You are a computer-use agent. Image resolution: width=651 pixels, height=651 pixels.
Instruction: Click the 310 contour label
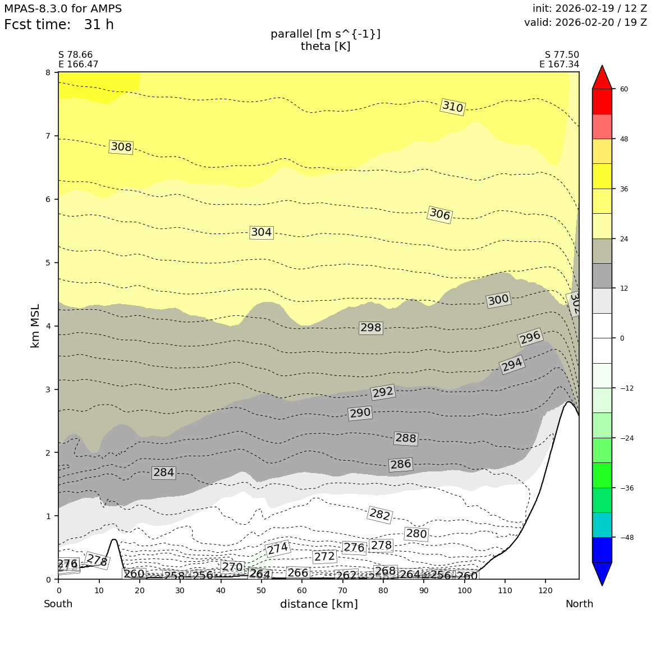click(x=453, y=107)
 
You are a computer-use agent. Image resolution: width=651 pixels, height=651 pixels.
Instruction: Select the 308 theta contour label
click(x=121, y=147)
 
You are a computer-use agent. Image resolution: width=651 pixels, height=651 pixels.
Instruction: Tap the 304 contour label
click(x=261, y=232)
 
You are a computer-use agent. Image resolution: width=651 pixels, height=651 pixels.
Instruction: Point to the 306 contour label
click(x=440, y=214)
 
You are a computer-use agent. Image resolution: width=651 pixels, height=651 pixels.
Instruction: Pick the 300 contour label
click(x=498, y=300)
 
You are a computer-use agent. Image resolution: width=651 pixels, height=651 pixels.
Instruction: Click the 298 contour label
click(x=370, y=328)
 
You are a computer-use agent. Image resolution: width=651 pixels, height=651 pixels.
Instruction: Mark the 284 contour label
click(x=163, y=473)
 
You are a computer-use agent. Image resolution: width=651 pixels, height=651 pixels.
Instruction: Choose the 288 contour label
click(x=406, y=438)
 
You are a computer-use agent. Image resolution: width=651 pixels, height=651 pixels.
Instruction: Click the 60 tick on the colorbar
click(x=624, y=89)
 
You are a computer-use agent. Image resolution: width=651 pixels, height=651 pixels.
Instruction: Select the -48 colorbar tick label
click(x=626, y=538)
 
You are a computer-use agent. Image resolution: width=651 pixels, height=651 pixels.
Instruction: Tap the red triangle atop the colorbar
click(x=602, y=77)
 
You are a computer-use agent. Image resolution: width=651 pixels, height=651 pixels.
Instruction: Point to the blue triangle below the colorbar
click(x=602, y=573)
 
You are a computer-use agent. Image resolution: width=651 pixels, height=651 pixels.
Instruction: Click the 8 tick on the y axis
click(x=48, y=72)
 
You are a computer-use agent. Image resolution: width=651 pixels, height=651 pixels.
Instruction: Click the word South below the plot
click(x=58, y=604)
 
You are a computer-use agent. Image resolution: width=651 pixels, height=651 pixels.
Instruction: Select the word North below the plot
click(x=579, y=604)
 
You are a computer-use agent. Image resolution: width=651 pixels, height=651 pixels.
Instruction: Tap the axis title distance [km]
click(x=319, y=604)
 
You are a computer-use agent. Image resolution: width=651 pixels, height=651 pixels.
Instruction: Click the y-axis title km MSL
click(x=35, y=325)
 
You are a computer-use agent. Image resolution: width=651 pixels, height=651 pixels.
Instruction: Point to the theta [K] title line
click(x=325, y=46)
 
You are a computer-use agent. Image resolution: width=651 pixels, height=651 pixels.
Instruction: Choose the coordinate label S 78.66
click(x=75, y=55)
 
